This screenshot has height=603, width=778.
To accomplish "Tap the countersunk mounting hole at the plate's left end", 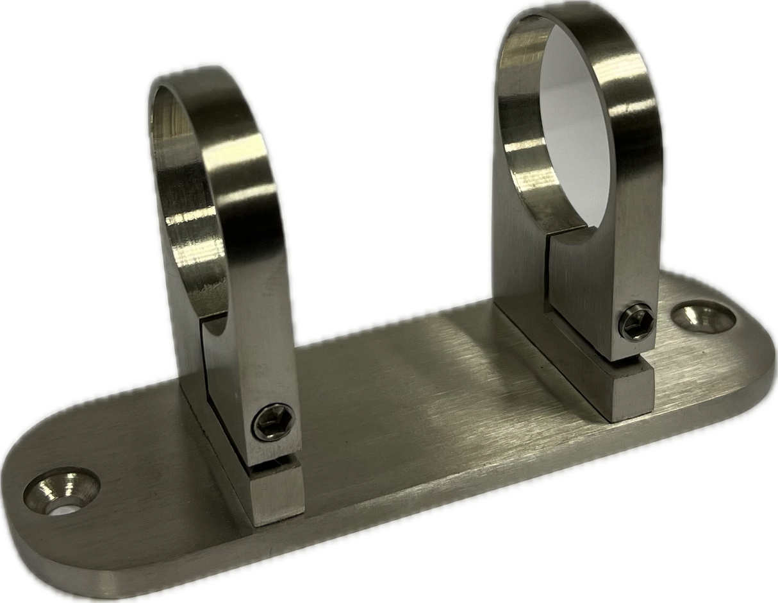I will tap(61, 491).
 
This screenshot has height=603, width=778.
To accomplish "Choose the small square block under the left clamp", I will tap(276, 494).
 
